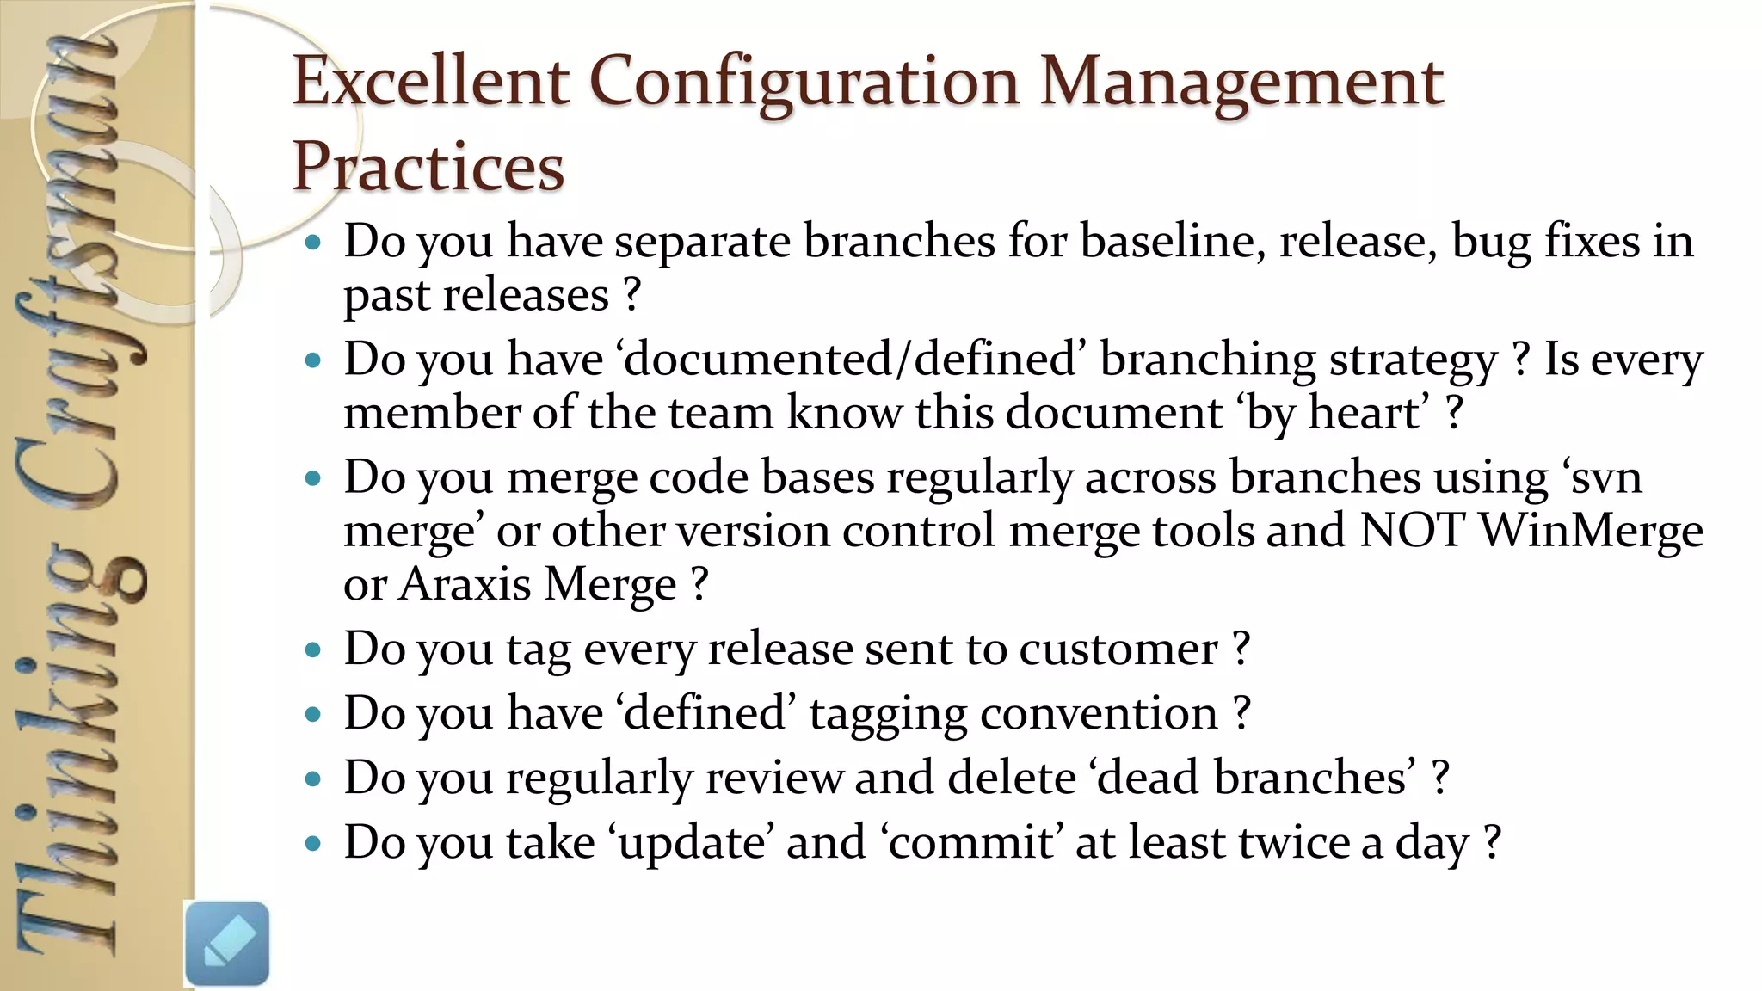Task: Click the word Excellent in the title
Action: (430, 81)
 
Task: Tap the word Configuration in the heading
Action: (804, 83)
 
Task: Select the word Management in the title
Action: (1241, 81)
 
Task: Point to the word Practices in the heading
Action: (428, 166)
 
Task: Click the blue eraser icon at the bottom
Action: (227, 943)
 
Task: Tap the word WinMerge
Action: (1591, 530)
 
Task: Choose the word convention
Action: (1099, 714)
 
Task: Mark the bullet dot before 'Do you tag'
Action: (313, 649)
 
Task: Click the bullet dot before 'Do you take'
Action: (313, 843)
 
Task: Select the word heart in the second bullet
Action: (1363, 413)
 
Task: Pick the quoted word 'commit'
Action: (972, 842)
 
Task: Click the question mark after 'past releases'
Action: (631, 295)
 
